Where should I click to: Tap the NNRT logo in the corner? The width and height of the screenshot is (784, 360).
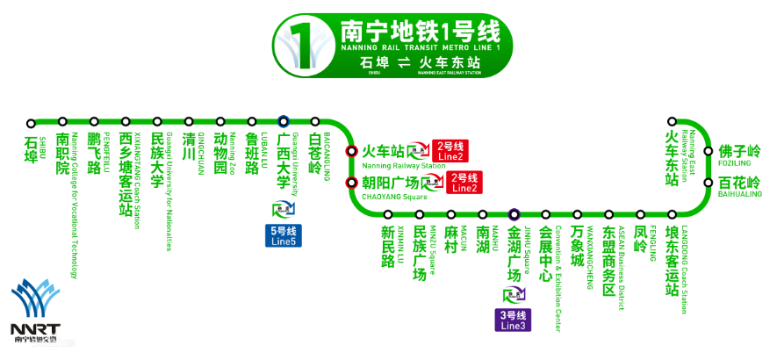point(36,312)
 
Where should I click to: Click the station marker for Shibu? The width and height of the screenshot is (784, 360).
point(31,123)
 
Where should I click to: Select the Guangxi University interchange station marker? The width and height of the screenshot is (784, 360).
point(283,122)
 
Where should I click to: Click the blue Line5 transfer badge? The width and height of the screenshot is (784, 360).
point(283,235)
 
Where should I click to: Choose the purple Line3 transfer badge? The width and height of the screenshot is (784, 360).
point(514,320)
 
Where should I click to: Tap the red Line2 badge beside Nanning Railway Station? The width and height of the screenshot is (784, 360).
point(451,150)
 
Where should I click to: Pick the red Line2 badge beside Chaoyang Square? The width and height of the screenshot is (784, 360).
point(464,183)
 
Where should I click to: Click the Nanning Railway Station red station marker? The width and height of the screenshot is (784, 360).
point(351,150)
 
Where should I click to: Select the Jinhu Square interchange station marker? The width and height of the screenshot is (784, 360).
point(514,214)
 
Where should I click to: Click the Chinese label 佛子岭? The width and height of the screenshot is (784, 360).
point(739,151)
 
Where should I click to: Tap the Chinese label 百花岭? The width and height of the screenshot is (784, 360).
point(739,183)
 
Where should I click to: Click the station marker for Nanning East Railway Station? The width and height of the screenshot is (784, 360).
point(672,123)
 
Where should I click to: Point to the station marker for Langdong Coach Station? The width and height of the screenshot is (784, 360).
point(672,214)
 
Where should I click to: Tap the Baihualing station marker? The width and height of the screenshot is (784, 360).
point(708,183)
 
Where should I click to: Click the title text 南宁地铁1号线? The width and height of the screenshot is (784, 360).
point(419,32)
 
